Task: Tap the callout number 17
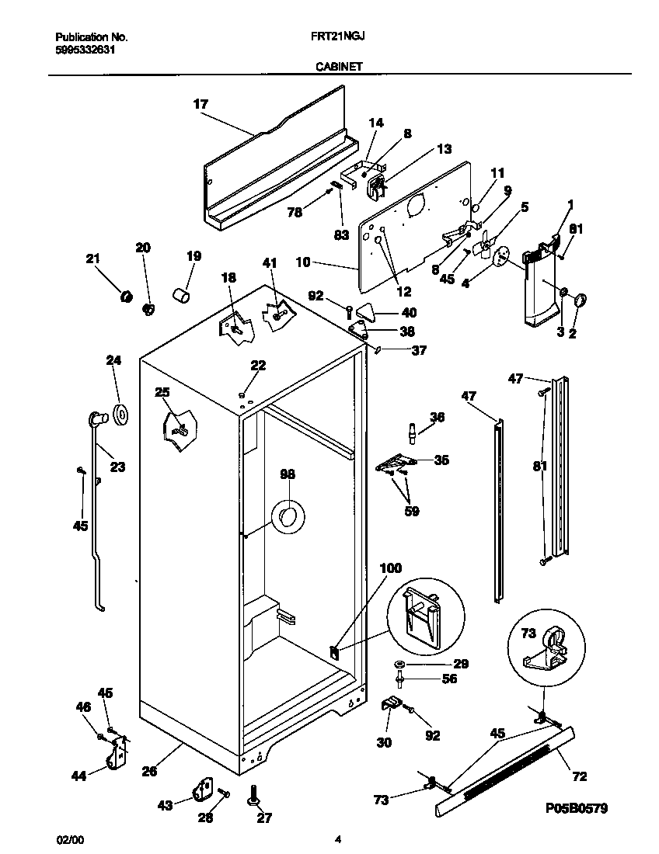(200, 103)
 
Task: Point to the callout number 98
(288, 474)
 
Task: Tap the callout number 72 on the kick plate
(579, 776)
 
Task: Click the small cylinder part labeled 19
(181, 297)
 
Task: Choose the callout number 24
(114, 359)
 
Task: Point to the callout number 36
(437, 417)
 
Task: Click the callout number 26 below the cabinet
(149, 771)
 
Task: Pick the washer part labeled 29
(399, 665)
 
